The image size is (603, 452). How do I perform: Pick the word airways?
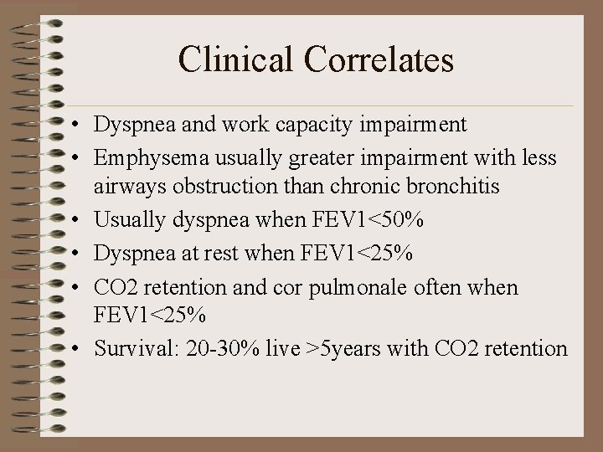click(x=124, y=186)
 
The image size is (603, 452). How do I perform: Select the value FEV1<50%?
click(x=369, y=220)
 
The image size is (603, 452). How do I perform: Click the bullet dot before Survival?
click(x=75, y=348)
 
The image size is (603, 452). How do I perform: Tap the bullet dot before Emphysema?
click(x=75, y=157)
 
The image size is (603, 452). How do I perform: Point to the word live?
click(x=277, y=348)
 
